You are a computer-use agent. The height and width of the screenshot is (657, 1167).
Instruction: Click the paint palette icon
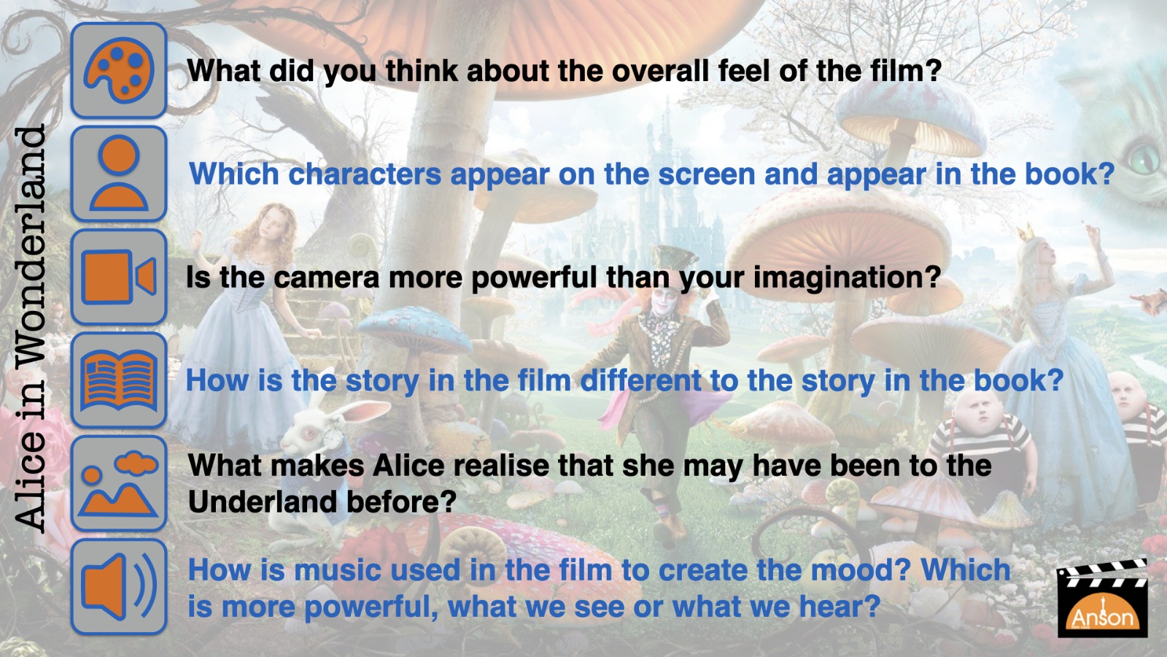pos(119,70)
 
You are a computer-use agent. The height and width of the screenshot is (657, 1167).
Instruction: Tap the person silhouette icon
pos(119,174)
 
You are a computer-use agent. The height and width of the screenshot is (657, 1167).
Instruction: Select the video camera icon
pos(119,277)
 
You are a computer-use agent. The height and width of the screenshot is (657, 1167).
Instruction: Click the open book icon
pos(119,380)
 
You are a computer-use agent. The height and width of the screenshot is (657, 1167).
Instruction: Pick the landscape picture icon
pos(119,483)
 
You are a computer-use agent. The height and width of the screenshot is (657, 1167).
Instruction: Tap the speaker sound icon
pos(119,587)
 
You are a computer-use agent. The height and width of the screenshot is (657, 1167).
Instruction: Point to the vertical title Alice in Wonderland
pos(30,328)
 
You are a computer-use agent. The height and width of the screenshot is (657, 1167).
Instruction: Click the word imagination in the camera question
pos(847,277)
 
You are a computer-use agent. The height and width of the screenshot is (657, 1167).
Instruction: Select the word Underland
pos(262,502)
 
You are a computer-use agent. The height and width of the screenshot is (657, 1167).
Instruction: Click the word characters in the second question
pos(365,174)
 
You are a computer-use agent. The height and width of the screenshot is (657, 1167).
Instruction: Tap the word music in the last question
pos(337,569)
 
